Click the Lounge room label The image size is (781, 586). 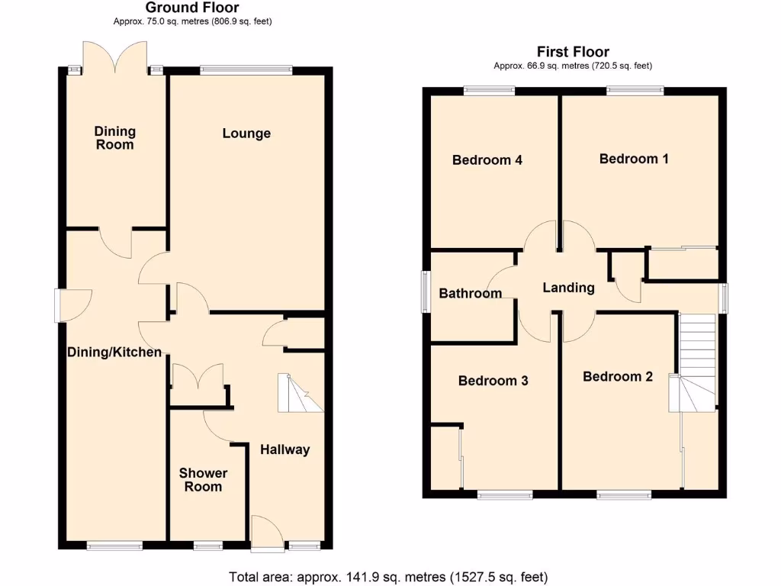246,134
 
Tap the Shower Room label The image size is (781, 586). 203,480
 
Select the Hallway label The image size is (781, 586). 284,449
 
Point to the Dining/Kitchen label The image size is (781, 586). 114,352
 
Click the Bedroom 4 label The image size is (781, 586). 487,160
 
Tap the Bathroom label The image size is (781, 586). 471,293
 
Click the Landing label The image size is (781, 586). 568,288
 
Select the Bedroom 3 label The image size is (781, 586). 493,381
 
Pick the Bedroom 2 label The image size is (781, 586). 618,376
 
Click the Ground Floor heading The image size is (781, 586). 192,8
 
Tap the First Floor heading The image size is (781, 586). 573,52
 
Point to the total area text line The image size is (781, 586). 388,577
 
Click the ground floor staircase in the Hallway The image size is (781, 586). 300,394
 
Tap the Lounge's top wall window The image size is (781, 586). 246,70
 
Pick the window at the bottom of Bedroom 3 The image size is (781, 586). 505,495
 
